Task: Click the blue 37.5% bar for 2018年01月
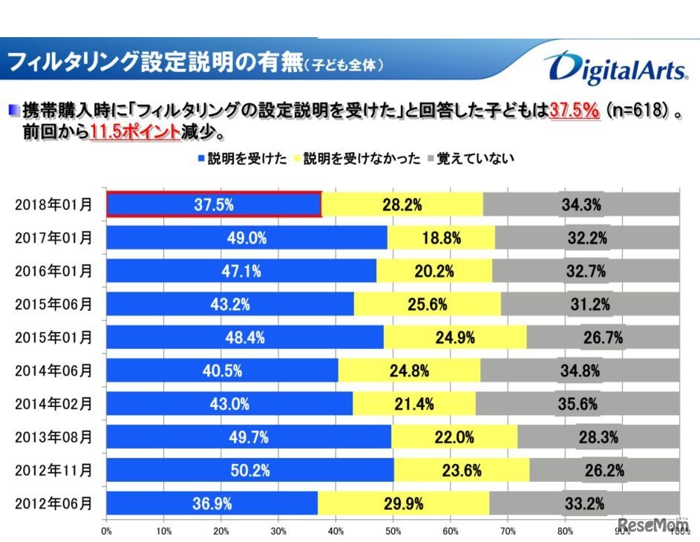click(214, 204)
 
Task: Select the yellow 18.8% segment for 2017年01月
click(441, 238)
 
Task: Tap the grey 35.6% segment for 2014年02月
click(578, 404)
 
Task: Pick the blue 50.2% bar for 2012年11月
click(250, 470)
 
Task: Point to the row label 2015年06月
click(54, 304)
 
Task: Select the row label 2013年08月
click(54, 437)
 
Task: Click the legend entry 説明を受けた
click(241, 158)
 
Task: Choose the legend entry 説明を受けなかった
click(358, 158)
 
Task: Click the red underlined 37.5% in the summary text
click(574, 111)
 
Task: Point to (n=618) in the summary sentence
click(638, 111)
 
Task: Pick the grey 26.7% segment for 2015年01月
click(602, 338)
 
